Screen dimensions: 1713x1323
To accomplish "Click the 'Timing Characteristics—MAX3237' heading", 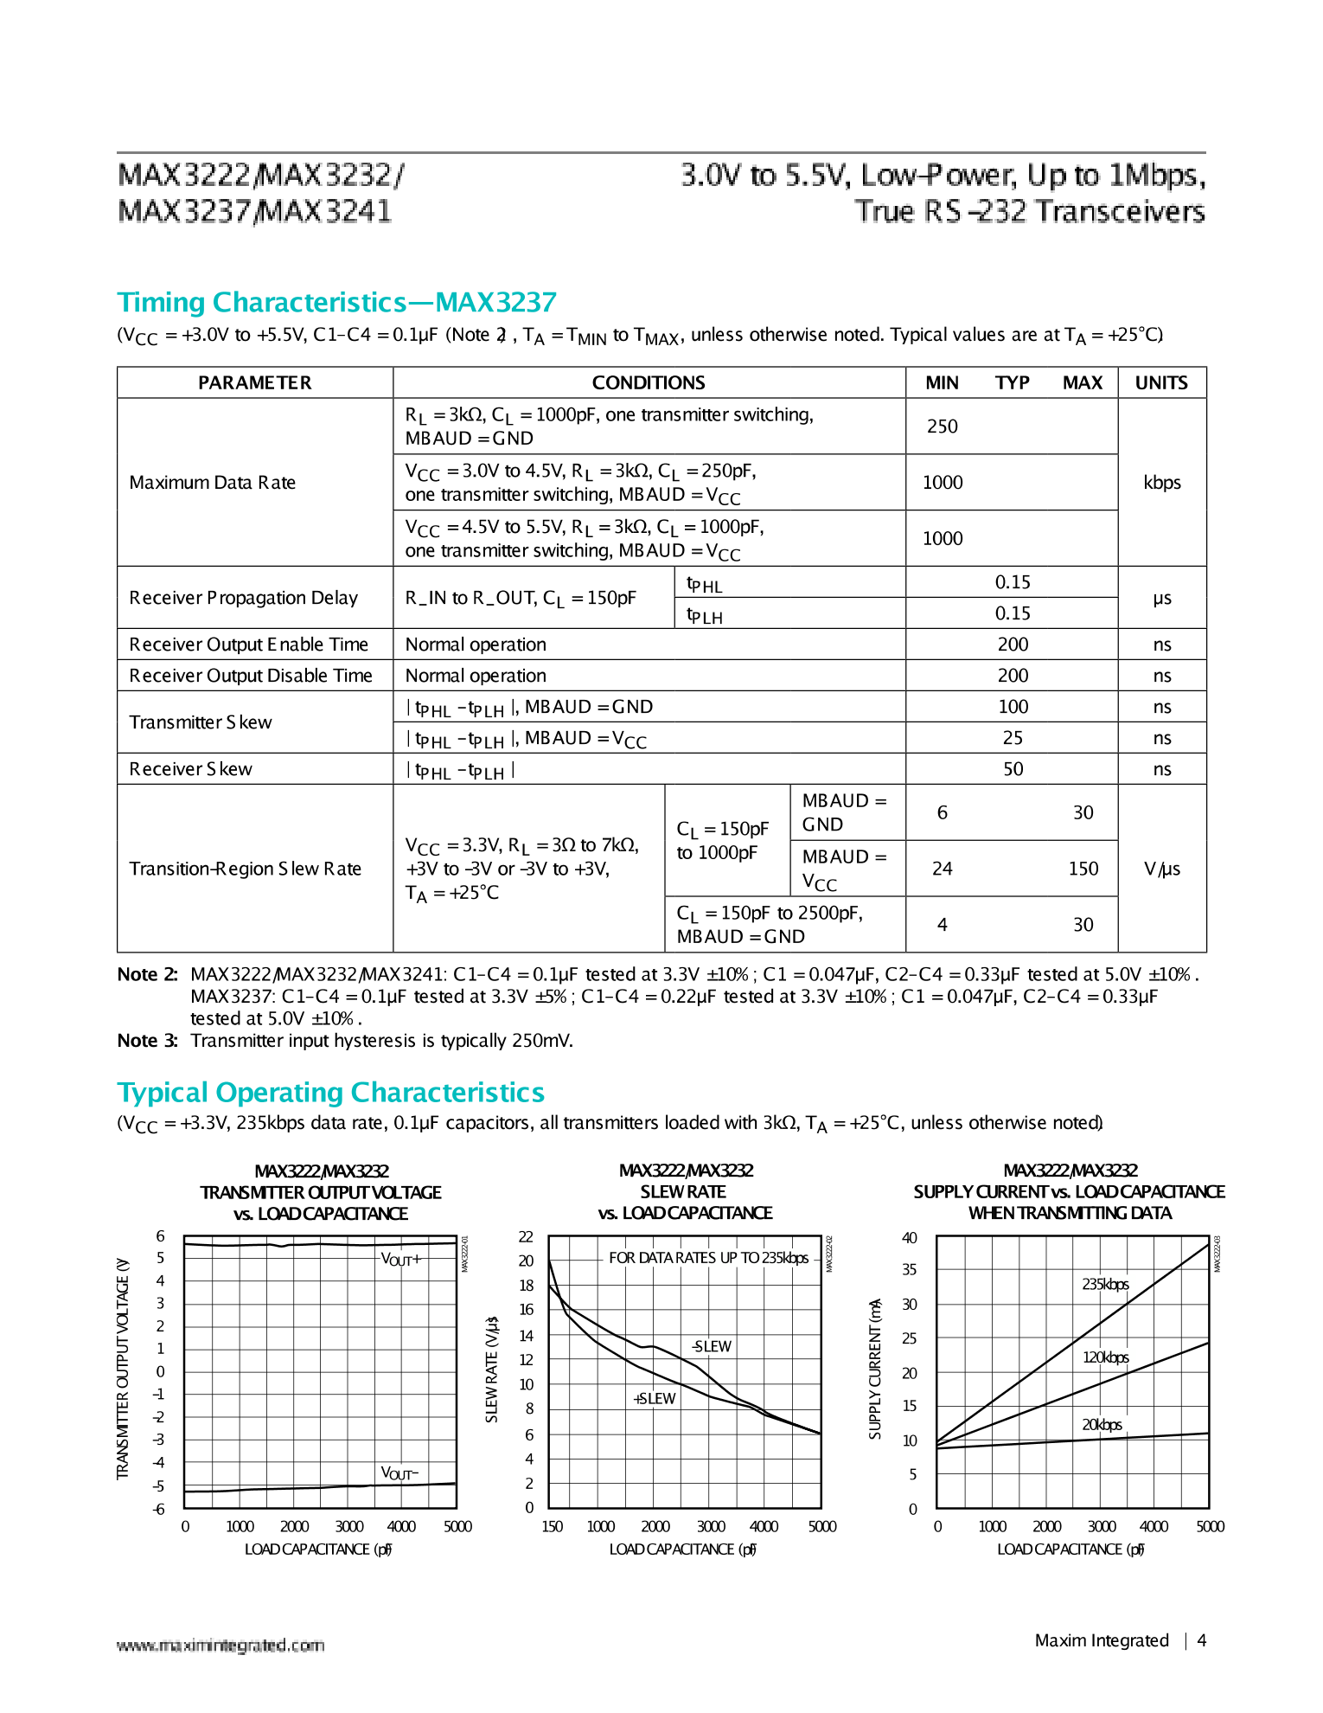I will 336,302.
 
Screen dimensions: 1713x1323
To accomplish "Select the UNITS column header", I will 1160,382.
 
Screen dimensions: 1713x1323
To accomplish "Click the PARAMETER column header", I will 254,382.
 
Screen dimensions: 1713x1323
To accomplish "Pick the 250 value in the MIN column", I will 942,427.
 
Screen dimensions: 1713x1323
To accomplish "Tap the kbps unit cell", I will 1161,483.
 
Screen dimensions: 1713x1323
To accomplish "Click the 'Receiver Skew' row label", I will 190,769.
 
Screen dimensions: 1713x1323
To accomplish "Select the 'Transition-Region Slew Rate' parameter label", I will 245,869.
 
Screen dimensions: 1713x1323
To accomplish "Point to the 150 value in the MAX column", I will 1083,869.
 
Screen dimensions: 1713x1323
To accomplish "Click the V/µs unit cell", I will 1161,869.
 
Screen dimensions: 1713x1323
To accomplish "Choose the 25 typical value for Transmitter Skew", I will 1012,738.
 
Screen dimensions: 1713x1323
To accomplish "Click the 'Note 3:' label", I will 147,1041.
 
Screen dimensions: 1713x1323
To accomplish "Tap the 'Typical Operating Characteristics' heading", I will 330,1093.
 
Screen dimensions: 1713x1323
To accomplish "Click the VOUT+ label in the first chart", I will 401,1260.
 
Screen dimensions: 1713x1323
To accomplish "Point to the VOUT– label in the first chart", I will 399,1473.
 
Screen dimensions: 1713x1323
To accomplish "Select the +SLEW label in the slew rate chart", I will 655,1399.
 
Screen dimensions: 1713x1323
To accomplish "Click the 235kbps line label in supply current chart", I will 1105,1284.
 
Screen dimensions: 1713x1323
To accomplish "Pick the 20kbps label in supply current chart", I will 1102,1424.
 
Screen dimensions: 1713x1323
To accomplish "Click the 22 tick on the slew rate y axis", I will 526,1237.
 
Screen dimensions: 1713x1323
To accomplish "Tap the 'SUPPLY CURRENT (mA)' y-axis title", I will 875,1369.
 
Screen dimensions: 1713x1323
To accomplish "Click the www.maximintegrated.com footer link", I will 220,1645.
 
